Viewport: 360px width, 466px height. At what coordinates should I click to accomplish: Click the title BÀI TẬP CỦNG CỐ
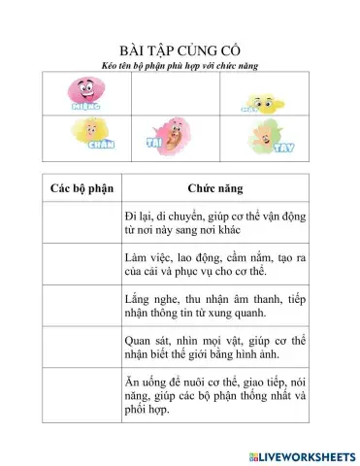180,50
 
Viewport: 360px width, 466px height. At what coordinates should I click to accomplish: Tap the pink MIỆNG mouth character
86,92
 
